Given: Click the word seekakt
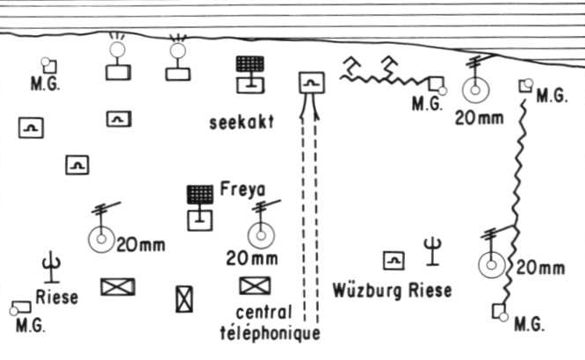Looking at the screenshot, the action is click(242, 122).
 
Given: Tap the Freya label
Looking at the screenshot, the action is click(243, 189).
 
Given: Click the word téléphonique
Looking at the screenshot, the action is click(271, 333).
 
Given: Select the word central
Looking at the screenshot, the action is click(264, 313).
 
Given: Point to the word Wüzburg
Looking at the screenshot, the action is click(367, 291).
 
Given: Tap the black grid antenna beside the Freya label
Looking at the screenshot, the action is click(200, 194).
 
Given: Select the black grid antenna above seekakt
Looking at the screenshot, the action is click(250, 63).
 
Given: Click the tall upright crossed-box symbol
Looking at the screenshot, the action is click(184, 299).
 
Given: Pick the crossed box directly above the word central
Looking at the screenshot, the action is click(255, 285).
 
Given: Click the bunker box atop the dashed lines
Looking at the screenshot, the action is click(312, 83).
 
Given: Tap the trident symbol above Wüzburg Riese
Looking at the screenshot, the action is click(432, 252).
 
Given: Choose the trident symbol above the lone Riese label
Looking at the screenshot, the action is click(52, 268).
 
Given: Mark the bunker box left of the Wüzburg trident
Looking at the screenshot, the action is click(394, 261).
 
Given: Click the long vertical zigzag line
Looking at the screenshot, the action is click(516, 201).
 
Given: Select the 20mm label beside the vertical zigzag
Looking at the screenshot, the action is click(540, 268).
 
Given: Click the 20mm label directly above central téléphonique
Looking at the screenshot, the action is click(252, 258).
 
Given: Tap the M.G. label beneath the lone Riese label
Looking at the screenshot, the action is click(31, 325).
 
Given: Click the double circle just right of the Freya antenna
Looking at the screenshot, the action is click(261, 235).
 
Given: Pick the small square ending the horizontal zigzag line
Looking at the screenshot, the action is click(437, 84).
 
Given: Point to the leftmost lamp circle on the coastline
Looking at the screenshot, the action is click(117, 49).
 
